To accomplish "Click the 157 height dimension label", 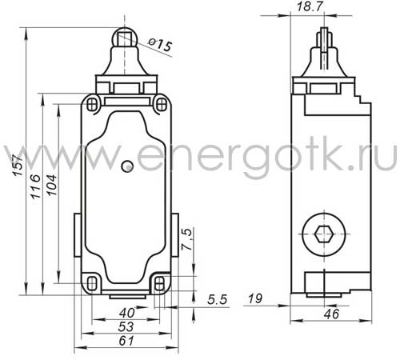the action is [19, 165].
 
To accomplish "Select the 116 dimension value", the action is [36, 186].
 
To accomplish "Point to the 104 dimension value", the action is [52, 186].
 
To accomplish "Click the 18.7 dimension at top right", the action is [310, 6].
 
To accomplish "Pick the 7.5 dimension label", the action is [186, 239].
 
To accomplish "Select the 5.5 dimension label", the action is [218, 300].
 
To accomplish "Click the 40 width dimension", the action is [126, 313].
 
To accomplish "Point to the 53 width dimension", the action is [126, 326].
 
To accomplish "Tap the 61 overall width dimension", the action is [126, 341].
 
